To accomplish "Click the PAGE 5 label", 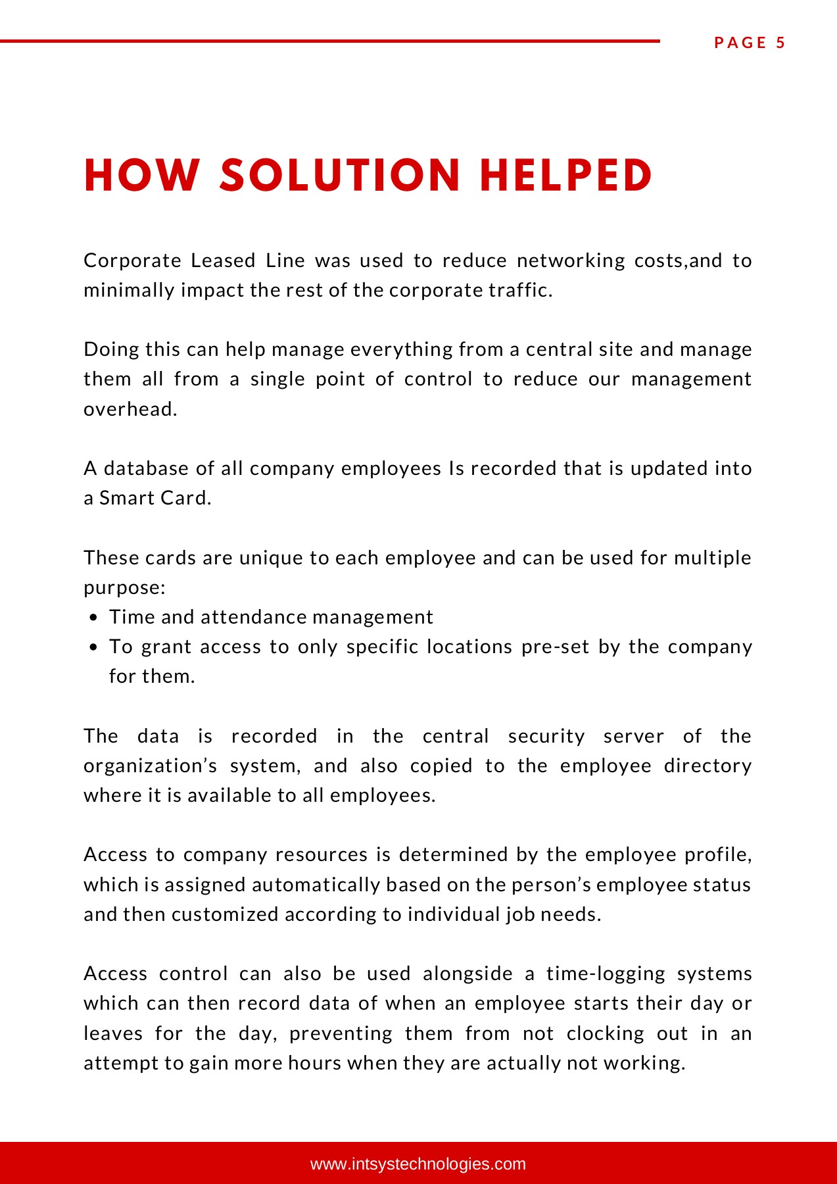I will pos(750,43).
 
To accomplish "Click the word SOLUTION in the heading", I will pos(340,176).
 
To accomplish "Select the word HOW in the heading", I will pos(141,176).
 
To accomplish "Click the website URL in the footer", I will pos(418,1164).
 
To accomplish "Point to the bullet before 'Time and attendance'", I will pos(93,618).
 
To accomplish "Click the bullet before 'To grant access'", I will pos(93,647).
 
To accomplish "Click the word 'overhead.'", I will pos(130,409).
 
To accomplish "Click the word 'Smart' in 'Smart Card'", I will pos(122,498).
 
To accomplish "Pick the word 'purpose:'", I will pos(124,587).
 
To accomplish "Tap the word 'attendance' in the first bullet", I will pos(253,617).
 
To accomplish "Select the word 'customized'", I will pos(225,914).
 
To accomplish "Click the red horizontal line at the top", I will pos(329,41).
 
